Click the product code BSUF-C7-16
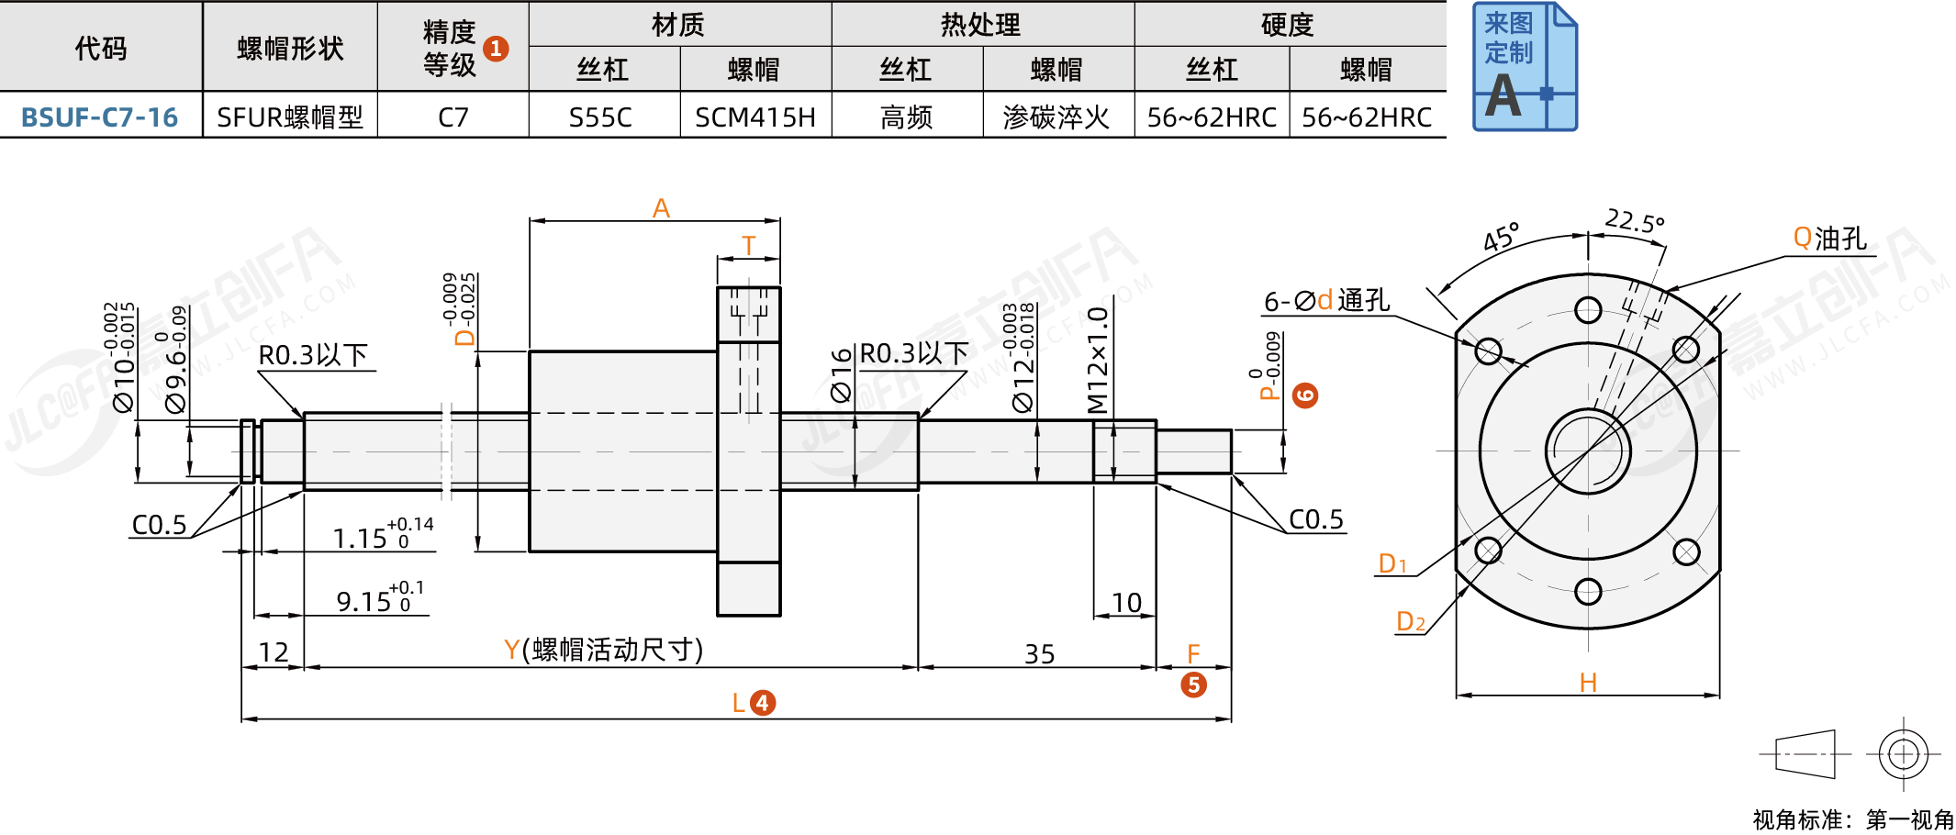pos(99,117)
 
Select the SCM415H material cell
pos(754,117)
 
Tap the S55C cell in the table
pos(600,117)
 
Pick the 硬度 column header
pos(1287,25)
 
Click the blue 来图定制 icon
pos(1524,66)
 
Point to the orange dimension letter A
pos(661,208)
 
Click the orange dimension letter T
pos(748,246)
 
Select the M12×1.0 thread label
pos(1097,360)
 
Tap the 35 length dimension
pos(1039,654)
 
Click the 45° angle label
pos(1502,238)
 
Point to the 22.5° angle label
pos(1634,221)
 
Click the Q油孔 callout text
pos(1829,239)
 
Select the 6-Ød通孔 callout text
pos(1326,301)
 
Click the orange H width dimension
pos(1588,683)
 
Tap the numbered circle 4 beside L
pos(763,703)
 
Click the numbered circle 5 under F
pos(1193,685)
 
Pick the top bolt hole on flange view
pos(1588,310)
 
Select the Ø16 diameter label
pos(841,375)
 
